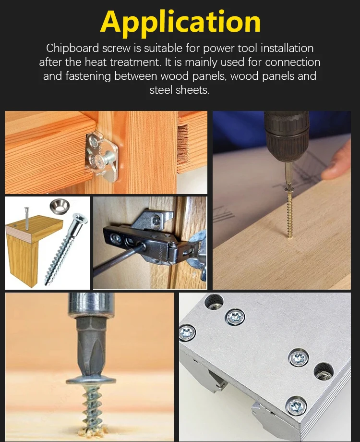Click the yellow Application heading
point(180,22)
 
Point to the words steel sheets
point(180,90)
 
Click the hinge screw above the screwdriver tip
point(156,221)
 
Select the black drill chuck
point(287,135)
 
